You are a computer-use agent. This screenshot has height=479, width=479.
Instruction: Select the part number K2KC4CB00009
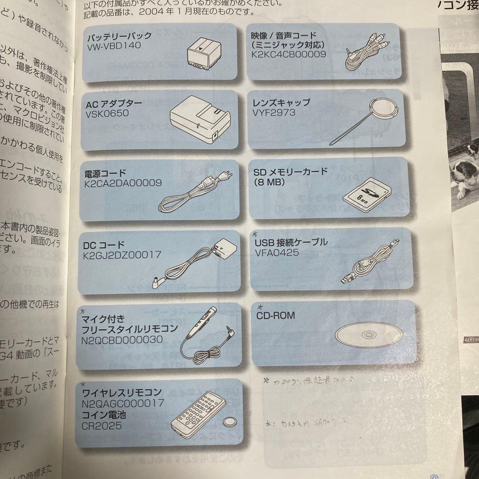pos(288,55)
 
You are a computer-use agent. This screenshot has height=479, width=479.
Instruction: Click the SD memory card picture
pos(367,194)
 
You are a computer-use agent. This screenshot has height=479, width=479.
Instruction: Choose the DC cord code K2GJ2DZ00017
pos(122,255)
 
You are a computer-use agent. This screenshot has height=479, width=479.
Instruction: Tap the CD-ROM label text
pos(275,316)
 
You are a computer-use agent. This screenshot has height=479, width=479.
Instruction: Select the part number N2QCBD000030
pos(122,340)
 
